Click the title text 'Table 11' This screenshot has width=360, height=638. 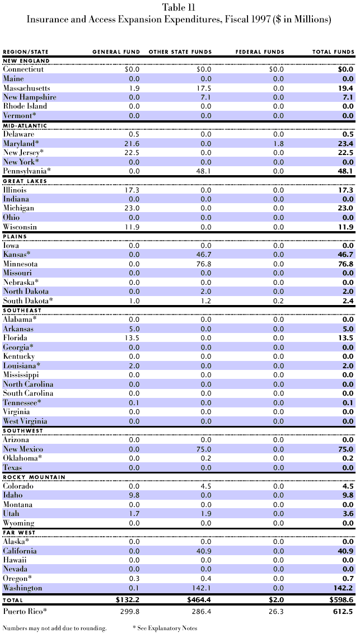(x=180, y=7)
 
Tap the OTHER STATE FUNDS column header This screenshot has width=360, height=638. (x=180, y=52)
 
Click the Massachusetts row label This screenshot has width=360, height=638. (x=26, y=88)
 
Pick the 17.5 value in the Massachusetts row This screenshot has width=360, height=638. (x=204, y=88)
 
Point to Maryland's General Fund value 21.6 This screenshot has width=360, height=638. (x=133, y=143)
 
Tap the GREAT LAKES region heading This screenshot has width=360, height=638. (x=22, y=181)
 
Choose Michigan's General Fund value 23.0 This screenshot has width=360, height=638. (x=133, y=208)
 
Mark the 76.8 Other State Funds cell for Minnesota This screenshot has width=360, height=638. (x=204, y=263)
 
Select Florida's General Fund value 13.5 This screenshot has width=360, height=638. (x=133, y=337)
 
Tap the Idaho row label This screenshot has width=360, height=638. (x=13, y=495)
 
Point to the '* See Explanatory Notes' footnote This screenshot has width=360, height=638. (x=165, y=628)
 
